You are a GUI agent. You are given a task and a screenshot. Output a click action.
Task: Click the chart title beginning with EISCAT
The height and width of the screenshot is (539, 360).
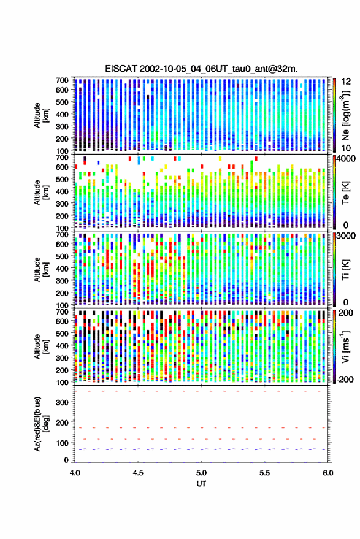201,69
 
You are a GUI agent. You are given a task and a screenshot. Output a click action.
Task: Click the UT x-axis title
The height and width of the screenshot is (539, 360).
201,484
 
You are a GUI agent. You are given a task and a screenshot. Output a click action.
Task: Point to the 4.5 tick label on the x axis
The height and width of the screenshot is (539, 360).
138,473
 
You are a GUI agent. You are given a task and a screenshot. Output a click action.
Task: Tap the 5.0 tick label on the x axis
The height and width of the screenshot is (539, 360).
201,473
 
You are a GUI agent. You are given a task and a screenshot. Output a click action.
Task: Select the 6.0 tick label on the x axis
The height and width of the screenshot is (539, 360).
327,473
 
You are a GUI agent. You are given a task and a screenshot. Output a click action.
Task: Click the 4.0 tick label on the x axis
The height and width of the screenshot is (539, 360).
75,473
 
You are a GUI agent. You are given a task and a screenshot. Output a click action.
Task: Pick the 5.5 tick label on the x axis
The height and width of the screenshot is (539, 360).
264,473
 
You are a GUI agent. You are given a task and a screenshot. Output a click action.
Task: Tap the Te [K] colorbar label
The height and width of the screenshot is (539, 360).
345,193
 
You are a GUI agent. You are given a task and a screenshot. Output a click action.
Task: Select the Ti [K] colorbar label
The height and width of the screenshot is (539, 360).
345,269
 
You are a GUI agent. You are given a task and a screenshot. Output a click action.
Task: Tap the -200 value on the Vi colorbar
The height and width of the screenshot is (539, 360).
345,379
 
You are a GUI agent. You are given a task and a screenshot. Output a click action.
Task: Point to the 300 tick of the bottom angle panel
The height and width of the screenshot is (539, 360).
62,402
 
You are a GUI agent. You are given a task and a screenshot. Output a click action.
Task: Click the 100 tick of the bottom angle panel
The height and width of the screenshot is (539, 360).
62,443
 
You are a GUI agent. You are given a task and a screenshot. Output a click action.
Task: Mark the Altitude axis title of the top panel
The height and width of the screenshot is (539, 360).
41,115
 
